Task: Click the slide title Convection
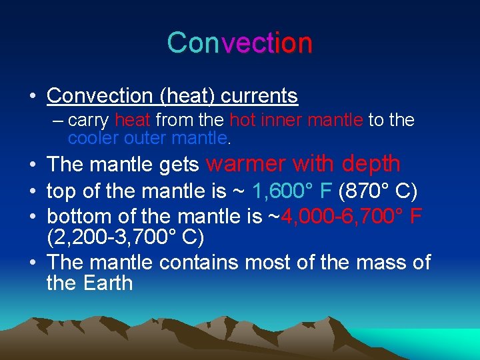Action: [239, 43]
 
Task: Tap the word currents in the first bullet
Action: [259, 96]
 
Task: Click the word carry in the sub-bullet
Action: [89, 121]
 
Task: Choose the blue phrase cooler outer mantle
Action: [147, 138]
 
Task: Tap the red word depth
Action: [371, 163]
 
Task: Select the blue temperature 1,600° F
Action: [292, 193]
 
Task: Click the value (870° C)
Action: [378, 193]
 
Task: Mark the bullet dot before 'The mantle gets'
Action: [33, 164]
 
